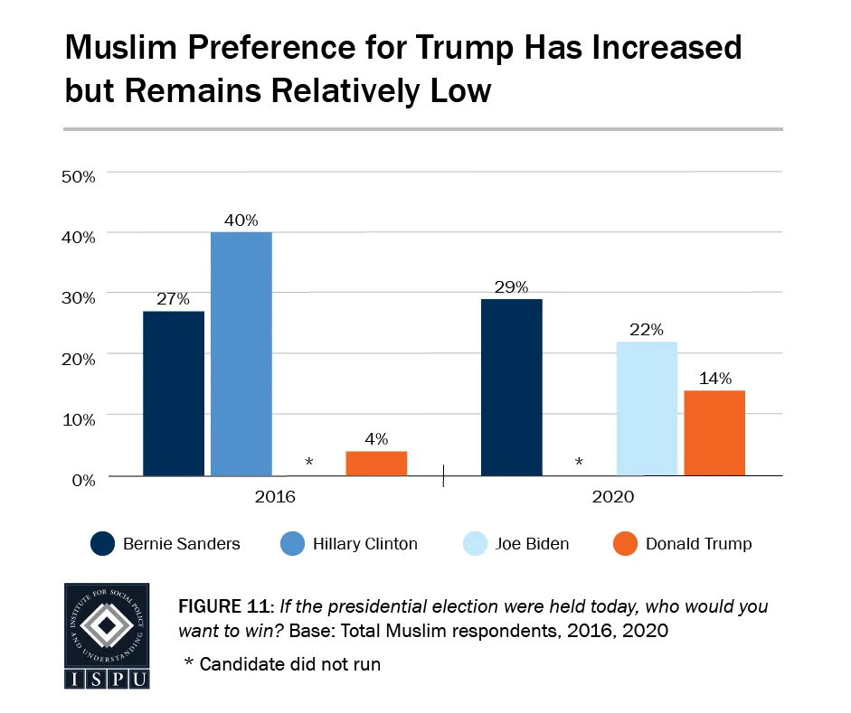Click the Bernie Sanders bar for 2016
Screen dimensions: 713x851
(174, 393)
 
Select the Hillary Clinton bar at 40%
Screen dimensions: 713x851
(241, 353)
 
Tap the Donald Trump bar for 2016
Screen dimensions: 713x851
(376, 463)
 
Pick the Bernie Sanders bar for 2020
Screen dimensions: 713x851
(512, 387)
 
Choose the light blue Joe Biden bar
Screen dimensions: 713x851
(647, 408)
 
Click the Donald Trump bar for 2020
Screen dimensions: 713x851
(714, 433)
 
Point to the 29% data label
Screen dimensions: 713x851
(511, 286)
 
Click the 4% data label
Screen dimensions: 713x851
(376, 439)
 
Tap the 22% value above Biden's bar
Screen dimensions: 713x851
(647, 329)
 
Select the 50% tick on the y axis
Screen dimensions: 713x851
(78, 175)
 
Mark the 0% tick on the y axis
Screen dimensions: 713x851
(83, 480)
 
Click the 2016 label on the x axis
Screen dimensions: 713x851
(275, 497)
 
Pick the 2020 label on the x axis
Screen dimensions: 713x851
(613, 497)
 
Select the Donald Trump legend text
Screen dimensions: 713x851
(698, 543)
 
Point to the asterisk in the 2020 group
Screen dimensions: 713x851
(579, 464)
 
